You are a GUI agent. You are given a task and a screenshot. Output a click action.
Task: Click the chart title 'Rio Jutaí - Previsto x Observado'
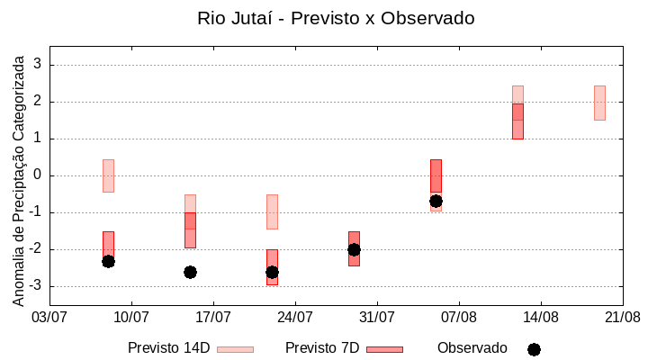click(336, 18)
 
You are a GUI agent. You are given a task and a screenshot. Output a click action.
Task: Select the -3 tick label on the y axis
click(35, 286)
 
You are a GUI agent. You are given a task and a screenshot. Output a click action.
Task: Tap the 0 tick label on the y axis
click(38, 175)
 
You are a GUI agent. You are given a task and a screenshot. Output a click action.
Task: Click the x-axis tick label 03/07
click(49, 317)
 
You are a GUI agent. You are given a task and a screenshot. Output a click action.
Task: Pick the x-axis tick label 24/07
click(295, 317)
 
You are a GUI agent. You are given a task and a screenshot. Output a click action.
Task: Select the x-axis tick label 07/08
click(459, 317)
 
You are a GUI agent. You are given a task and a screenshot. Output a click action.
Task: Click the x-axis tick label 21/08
click(622, 317)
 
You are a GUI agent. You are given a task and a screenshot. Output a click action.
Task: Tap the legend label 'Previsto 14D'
click(168, 348)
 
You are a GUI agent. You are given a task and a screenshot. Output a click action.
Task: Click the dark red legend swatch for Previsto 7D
click(384, 349)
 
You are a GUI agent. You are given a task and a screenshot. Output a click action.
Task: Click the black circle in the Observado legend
click(534, 349)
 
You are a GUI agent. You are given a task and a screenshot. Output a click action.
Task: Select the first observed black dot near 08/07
click(108, 261)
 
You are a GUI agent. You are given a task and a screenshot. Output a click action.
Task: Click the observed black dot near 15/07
click(190, 272)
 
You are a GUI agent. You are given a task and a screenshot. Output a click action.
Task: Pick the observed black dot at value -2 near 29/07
click(354, 249)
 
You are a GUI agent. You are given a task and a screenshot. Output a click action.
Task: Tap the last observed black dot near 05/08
click(436, 201)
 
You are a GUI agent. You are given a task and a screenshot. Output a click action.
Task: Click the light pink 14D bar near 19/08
click(599, 103)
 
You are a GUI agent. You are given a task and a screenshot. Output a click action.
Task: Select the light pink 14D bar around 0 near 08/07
click(108, 175)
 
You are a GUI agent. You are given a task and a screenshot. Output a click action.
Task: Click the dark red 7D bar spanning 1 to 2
click(517, 121)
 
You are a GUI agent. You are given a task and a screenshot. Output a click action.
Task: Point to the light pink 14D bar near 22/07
click(272, 211)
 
